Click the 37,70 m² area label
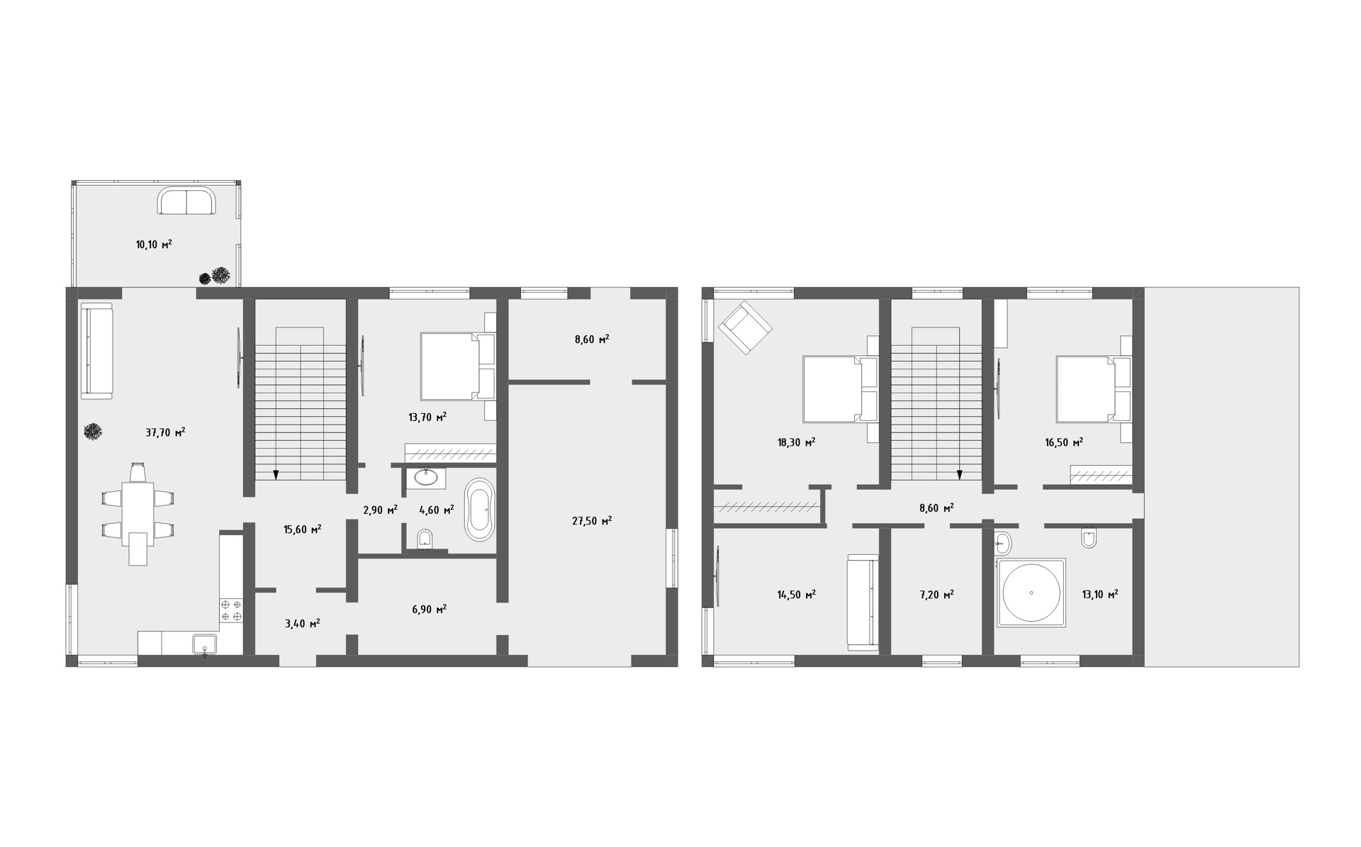click(165, 432)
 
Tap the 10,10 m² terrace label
click(154, 245)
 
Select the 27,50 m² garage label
click(592, 520)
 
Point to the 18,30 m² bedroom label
click(796, 442)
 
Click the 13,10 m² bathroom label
click(1099, 594)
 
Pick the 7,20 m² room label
click(936, 594)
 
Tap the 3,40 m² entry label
click(302, 623)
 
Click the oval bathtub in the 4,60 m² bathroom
click(480, 510)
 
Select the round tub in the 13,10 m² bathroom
click(1031, 593)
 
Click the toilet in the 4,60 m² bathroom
click(426, 540)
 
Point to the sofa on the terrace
click(186, 201)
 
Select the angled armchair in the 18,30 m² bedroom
click(745, 327)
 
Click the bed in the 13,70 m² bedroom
click(457, 366)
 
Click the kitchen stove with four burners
click(232, 611)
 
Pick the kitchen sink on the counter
click(205, 645)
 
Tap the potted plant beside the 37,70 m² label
click(92, 432)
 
